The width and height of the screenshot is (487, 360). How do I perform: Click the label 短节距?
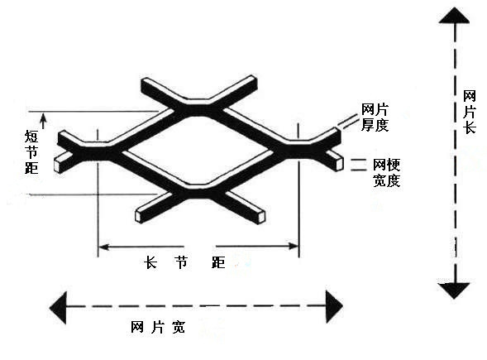point(31,152)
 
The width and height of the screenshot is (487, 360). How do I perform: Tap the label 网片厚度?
point(375,118)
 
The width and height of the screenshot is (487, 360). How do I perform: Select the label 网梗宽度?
point(386,172)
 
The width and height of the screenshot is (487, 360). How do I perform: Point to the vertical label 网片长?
point(470,112)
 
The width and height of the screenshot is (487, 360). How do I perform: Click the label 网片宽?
point(158,327)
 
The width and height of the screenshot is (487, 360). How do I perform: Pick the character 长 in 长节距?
point(150,262)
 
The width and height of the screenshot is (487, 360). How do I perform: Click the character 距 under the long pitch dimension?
point(218,262)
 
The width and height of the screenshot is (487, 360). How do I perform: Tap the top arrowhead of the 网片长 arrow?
point(454,16)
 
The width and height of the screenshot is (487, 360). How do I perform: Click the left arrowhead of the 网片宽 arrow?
point(58,308)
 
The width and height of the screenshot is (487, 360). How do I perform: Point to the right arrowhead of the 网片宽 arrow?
point(334,306)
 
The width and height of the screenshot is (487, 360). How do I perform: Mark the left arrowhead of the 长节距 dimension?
point(103,247)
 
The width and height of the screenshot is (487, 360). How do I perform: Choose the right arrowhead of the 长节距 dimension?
point(294,247)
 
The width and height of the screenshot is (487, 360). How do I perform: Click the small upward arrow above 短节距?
point(43,121)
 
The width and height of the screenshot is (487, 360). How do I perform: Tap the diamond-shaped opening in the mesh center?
point(198,151)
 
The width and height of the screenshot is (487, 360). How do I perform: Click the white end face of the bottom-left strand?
point(139,217)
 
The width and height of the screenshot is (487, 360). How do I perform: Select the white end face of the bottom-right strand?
point(261,217)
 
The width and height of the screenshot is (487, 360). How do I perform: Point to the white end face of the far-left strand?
point(58,166)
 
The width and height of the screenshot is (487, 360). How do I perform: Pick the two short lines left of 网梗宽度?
point(359,165)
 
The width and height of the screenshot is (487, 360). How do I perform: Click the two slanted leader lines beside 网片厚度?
point(348,122)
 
